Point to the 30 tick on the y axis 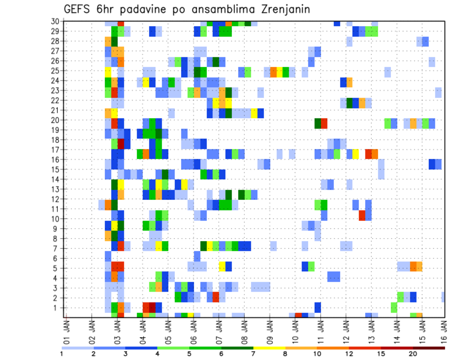click(x=55, y=21)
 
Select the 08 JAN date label click(x=244, y=330)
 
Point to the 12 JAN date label click(x=346, y=330)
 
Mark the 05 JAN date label click(x=168, y=330)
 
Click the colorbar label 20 click(x=413, y=354)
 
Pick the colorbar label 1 click(x=62, y=354)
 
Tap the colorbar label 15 click(x=381, y=354)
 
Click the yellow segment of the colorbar click(x=269, y=348)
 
